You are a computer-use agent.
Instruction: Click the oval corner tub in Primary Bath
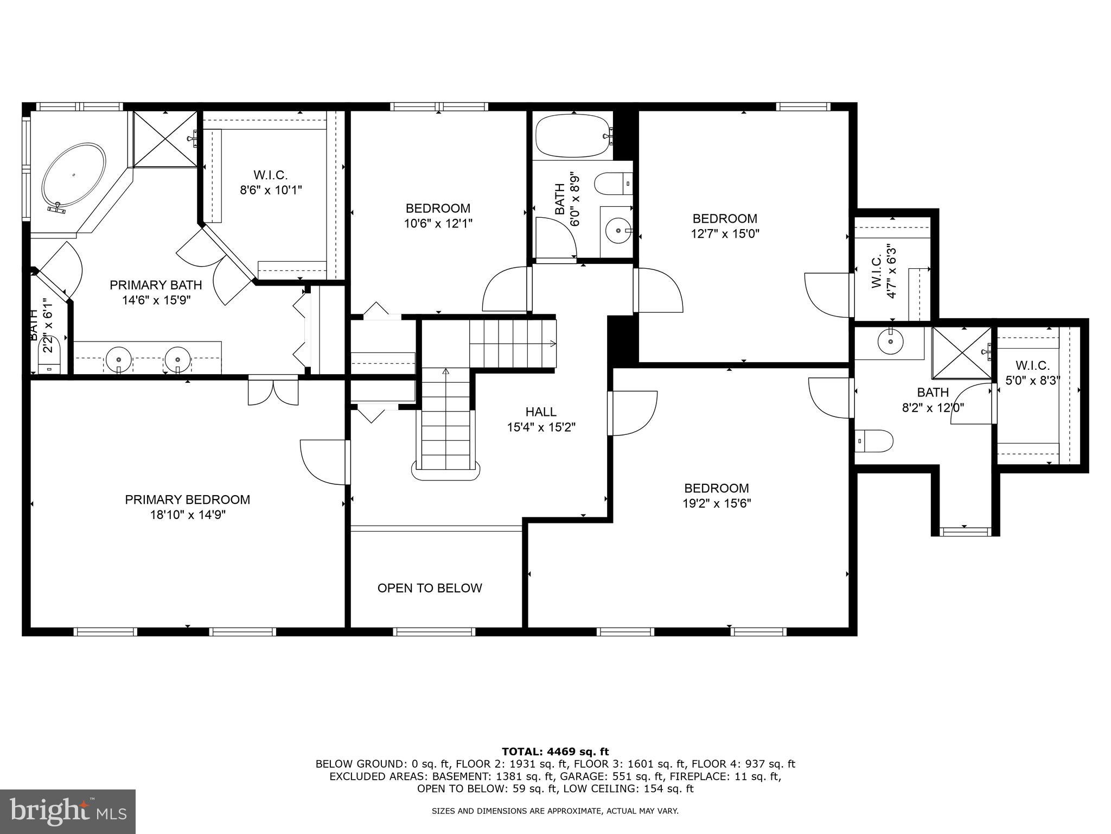click(74, 176)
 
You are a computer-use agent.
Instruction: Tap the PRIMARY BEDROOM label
click(188, 500)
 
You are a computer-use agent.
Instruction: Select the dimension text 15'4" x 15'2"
click(541, 427)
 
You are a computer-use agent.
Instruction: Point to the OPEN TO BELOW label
click(430, 588)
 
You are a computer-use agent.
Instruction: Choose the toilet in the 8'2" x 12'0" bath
click(874, 441)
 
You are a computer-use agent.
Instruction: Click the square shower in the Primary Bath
click(165, 139)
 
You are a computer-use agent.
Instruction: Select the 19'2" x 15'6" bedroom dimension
click(716, 503)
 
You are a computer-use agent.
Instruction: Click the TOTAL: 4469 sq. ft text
click(555, 751)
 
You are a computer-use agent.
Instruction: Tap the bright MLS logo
click(68, 811)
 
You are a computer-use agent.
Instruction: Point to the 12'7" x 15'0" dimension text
click(725, 234)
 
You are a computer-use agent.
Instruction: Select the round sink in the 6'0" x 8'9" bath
click(617, 230)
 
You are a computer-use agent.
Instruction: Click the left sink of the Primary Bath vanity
click(118, 358)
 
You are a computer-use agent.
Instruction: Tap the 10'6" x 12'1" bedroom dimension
click(438, 223)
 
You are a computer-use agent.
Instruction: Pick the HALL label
click(541, 412)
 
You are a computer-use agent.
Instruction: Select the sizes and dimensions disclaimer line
click(555, 811)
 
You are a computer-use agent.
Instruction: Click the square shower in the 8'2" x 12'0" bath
click(961, 353)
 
